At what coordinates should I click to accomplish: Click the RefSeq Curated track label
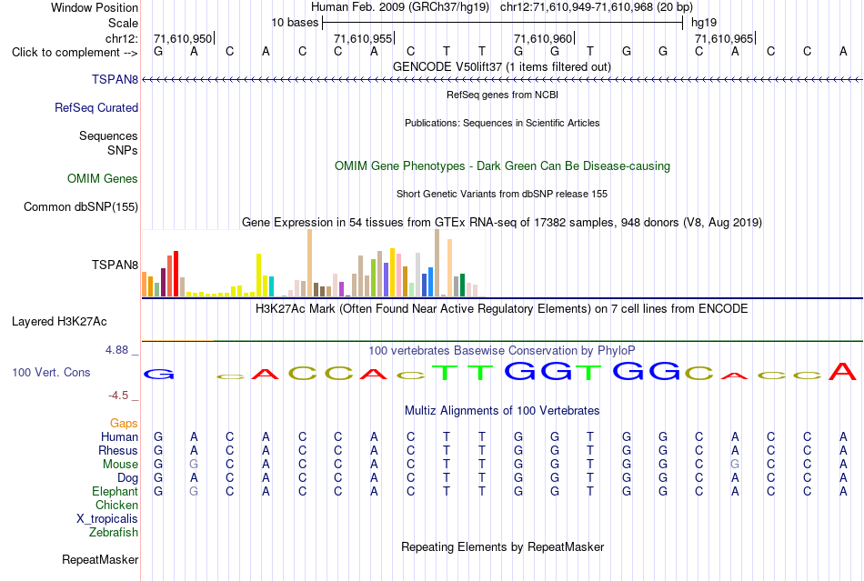point(96,108)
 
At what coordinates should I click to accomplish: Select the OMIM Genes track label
point(103,178)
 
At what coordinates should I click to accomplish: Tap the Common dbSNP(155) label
point(81,207)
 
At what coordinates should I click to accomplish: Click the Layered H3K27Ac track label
point(59,322)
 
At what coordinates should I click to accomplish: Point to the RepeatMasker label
point(100,559)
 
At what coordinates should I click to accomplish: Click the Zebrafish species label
point(114,533)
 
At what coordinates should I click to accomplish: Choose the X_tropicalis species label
point(107,519)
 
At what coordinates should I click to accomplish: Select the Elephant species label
point(115,491)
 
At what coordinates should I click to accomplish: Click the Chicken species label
point(116,505)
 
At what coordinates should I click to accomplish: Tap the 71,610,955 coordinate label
point(363,38)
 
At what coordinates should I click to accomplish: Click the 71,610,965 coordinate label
point(724,38)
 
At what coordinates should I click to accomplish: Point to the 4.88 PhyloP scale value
point(116,350)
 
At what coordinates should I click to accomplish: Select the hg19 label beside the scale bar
point(704,23)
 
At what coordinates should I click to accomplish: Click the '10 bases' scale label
point(295,23)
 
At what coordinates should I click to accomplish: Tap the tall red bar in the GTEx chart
point(176,274)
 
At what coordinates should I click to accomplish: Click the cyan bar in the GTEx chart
point(271,286)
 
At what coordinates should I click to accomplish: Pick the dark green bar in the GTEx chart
point(462,285)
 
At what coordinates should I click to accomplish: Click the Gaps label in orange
point(124,423)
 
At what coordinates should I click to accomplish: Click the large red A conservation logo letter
point(843,371)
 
